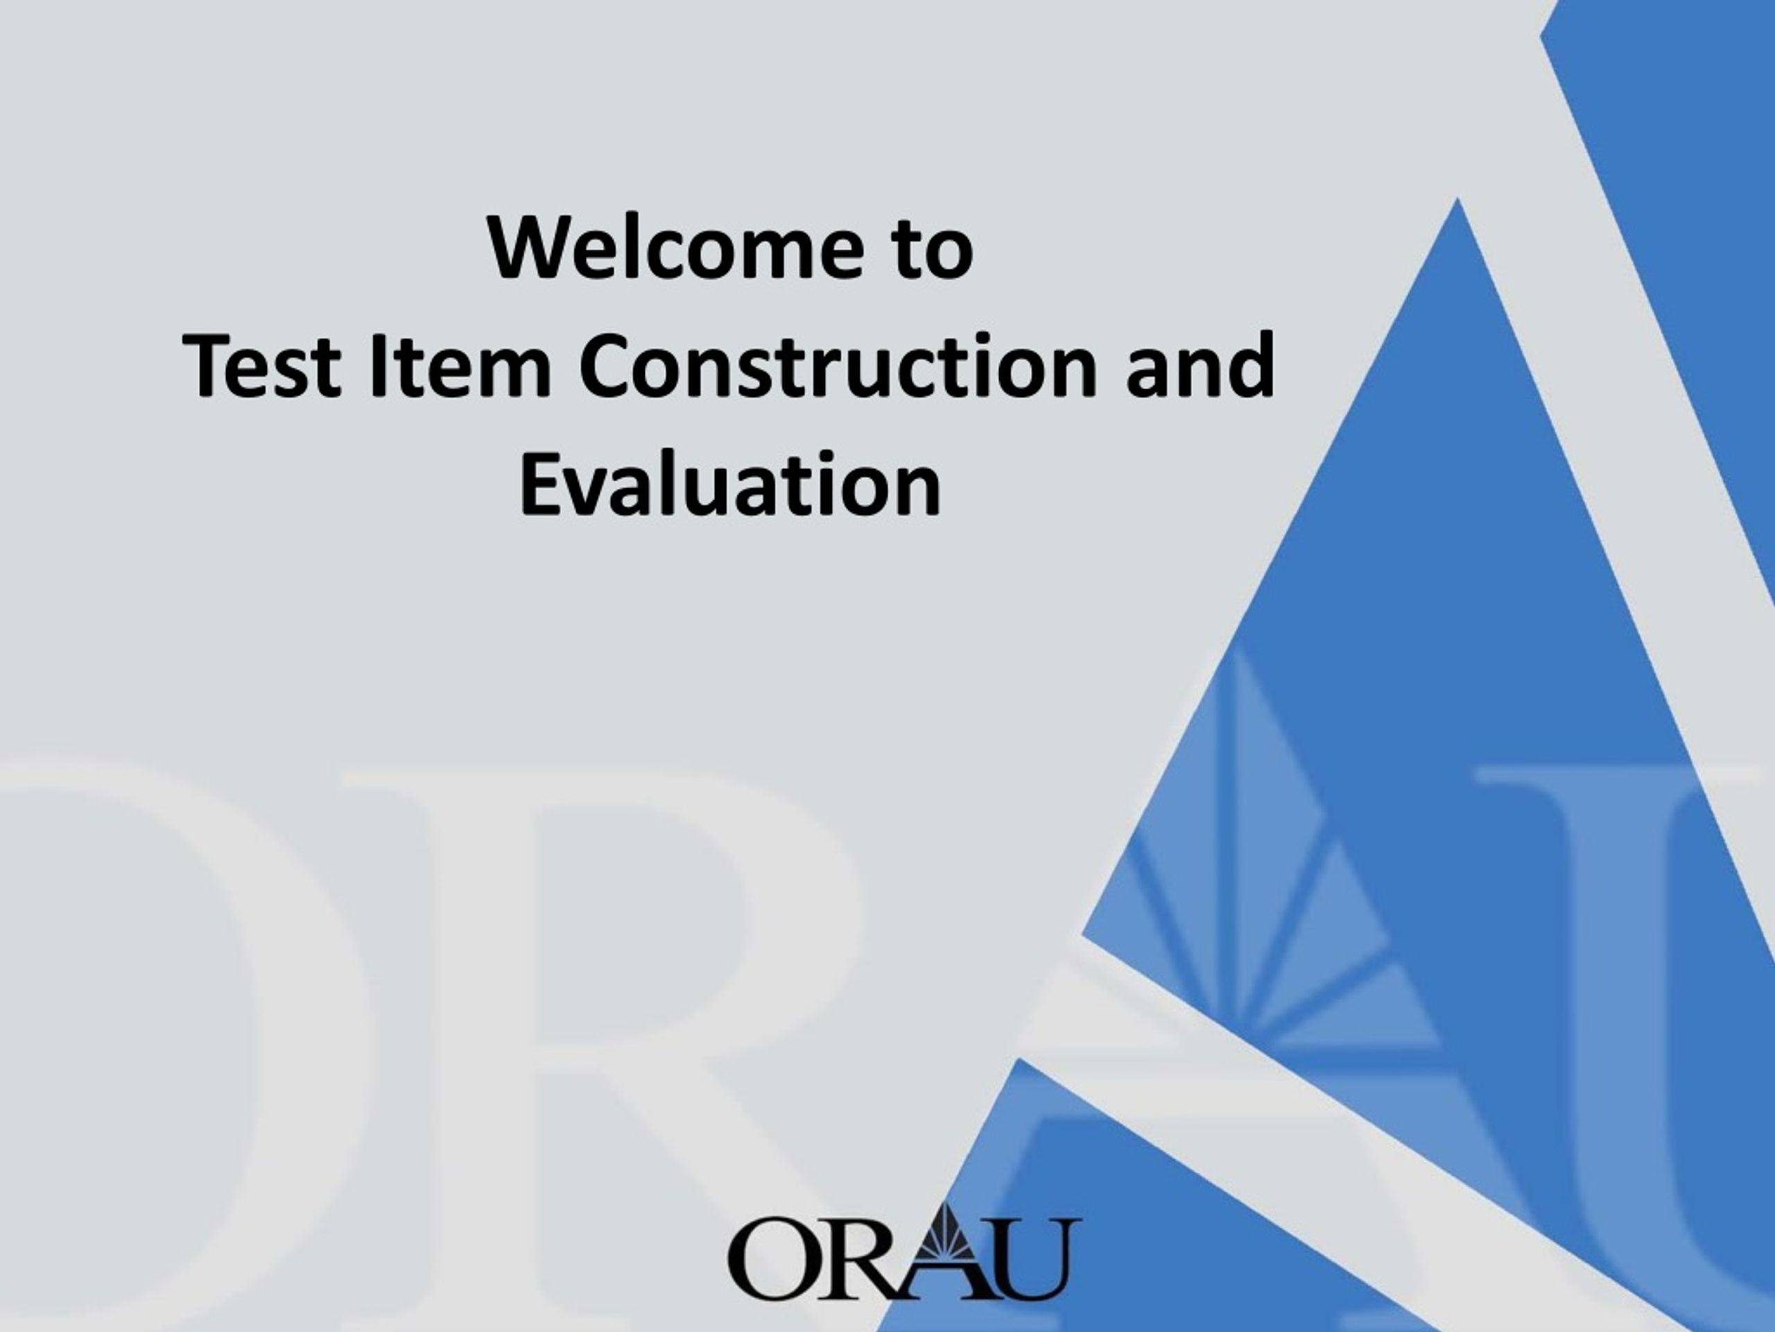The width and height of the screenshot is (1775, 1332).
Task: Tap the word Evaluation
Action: (x=730, y=484)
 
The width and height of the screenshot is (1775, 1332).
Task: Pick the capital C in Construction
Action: (x=607, y=366)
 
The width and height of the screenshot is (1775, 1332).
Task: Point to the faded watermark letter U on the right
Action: (x=1645, y=1044)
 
